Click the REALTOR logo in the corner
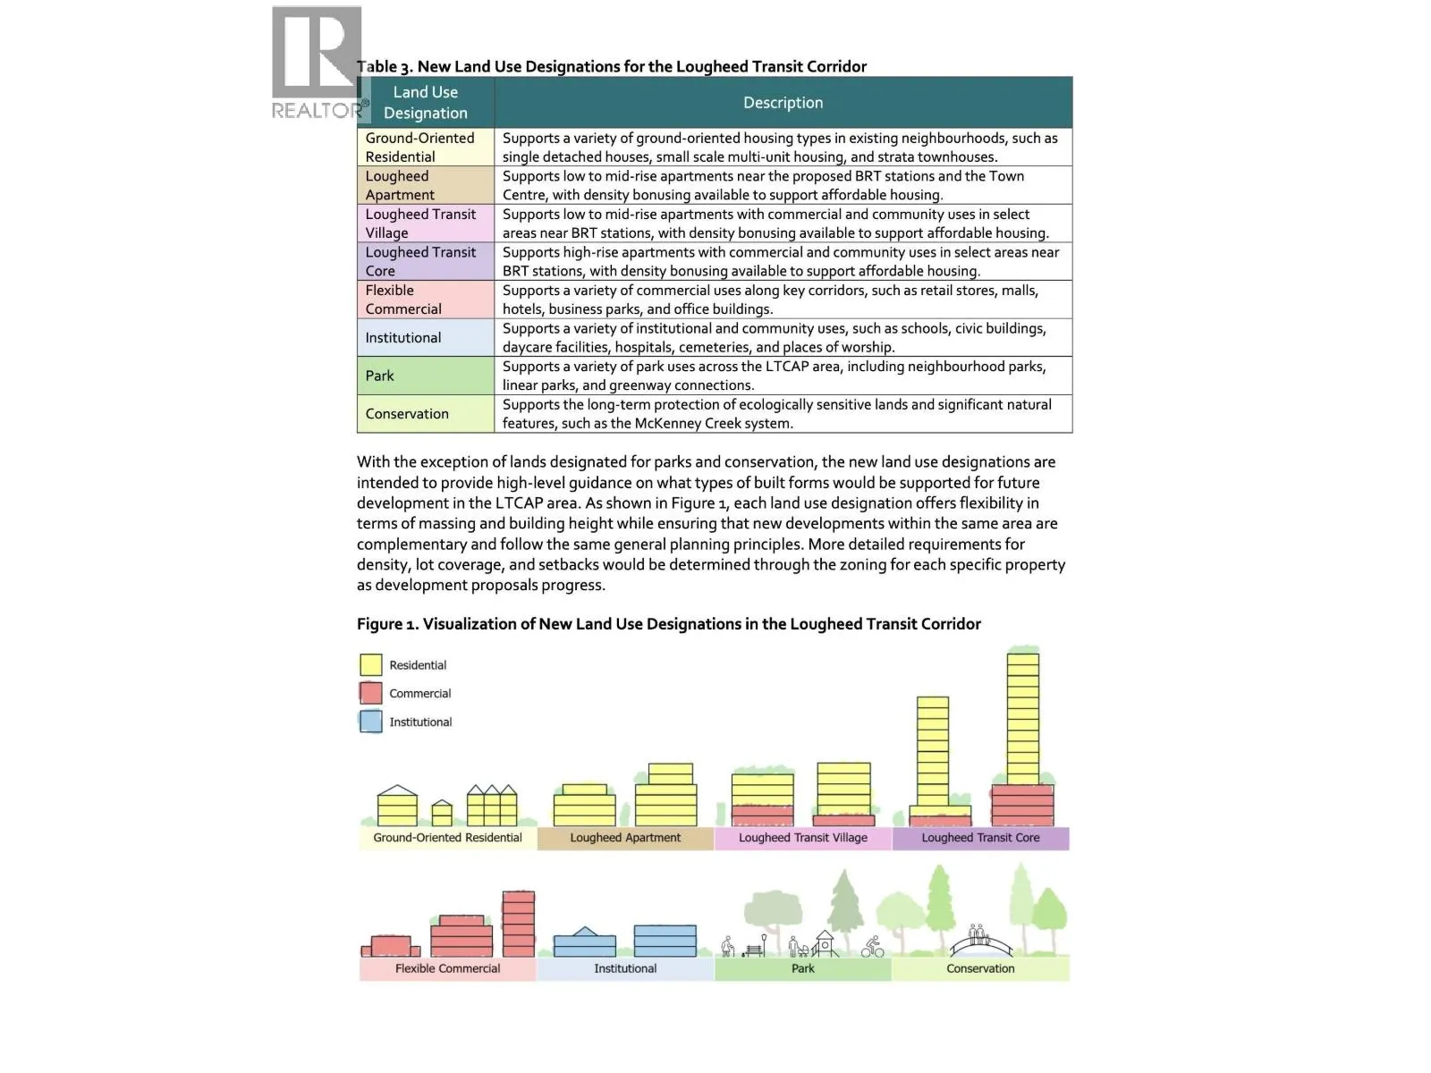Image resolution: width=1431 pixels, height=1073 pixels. coord(318,63)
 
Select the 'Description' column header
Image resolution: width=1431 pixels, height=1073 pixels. coord(783,103)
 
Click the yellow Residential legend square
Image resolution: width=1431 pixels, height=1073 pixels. coord(370,665)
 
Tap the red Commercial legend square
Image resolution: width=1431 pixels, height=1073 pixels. coord(370,693)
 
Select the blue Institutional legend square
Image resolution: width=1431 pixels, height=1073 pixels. coord(370,722)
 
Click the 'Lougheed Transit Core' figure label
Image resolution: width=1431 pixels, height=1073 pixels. coord(980,838)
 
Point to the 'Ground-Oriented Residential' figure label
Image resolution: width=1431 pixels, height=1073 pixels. coord(447,838)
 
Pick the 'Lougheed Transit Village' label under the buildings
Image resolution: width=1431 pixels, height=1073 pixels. coord(802,838)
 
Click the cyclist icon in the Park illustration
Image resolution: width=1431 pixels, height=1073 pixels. coord(873,947)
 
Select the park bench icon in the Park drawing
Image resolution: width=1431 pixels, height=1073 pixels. coord(756,947)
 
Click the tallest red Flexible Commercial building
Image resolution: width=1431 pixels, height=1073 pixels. coord(519,924)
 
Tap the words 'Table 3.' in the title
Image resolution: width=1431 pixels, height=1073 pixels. coord(385,67)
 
